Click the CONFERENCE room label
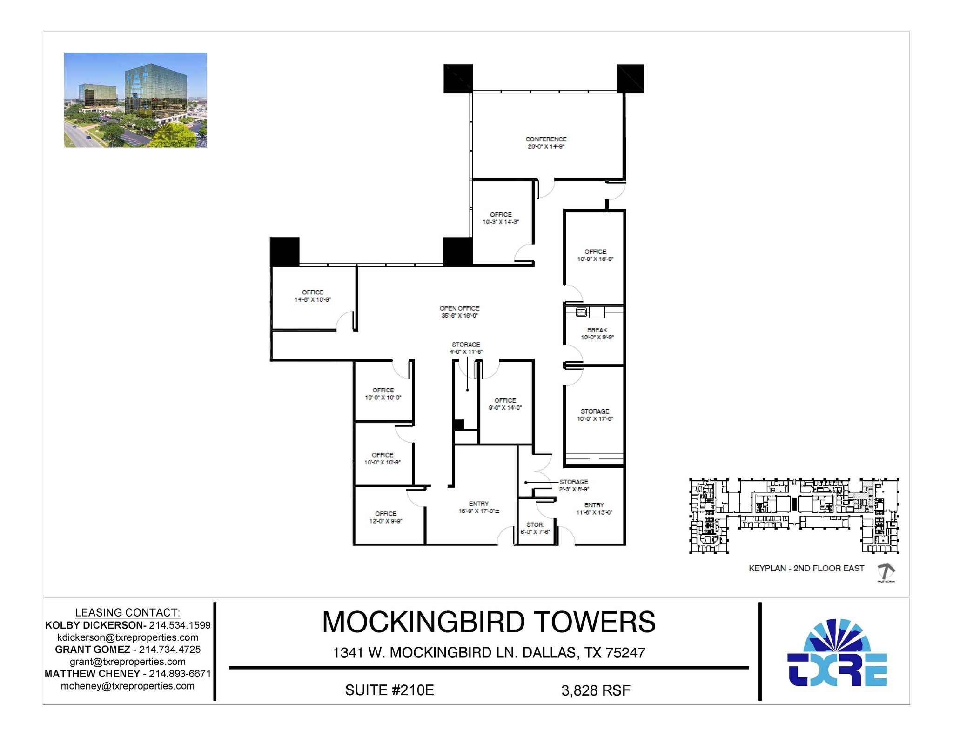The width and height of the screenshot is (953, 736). tap(546, 139)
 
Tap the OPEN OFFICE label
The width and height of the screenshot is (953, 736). tap(459, 308)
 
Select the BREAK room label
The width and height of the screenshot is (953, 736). tap(597, 330)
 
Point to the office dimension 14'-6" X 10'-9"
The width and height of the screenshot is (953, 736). tap(312, 300)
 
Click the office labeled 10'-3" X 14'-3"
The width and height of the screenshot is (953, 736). tap(501, 218)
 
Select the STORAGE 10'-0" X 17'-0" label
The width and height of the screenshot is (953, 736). tap(595, 415)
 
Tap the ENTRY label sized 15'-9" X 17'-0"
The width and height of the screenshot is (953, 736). tap(479, 507)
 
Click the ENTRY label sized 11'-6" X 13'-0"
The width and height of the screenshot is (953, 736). tap(594, 509)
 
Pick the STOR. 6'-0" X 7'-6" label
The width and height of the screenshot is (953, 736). tap(535, 528)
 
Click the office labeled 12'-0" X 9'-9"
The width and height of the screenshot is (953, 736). tap(386, 517)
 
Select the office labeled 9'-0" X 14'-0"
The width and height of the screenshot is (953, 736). tap(505, 404)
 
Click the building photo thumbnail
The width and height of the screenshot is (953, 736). tap(135, 100)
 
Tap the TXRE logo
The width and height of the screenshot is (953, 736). tap(837, 653)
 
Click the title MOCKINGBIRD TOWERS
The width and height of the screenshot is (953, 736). tap(489, 622)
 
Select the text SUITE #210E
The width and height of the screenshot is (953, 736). tap(389, 690)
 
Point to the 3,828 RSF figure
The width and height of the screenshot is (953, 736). tap(596, 690)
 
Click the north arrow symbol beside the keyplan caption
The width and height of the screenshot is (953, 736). tap(886, 571)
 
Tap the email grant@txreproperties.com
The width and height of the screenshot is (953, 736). tap(128, 662)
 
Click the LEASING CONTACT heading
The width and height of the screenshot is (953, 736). tap(128, 612)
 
